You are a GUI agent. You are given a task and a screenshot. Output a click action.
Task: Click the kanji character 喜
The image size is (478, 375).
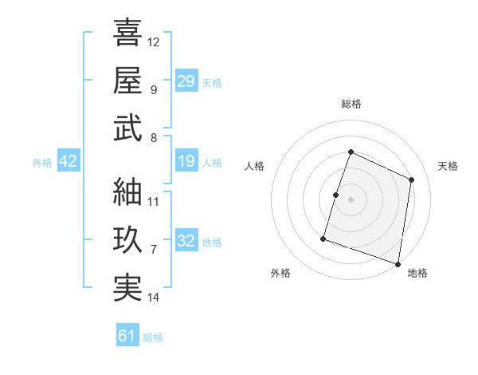tap(127, 33)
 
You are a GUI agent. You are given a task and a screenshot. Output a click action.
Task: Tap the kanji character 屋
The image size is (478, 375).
tap(127, 80)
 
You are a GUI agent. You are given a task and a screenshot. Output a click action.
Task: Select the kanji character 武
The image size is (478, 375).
tap(127, 128)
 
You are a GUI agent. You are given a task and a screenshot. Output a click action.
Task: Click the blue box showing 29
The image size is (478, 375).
tap(186, 81)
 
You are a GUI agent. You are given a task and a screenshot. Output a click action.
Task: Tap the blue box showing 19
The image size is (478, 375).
tap(186, 162)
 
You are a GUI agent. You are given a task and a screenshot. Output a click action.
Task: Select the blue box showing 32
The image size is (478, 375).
tap(186, 241)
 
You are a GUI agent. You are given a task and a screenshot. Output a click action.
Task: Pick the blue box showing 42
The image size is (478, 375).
tap(69, 162)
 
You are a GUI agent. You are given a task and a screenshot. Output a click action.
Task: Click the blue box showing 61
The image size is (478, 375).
tap(127, 336)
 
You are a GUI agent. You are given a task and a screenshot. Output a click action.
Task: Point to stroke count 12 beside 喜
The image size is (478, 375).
tap(154, 41)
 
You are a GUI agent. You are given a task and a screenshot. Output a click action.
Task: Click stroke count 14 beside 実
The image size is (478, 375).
tap(154, 298)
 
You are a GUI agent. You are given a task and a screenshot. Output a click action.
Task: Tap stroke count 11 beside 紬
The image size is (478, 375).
tap(154, 202)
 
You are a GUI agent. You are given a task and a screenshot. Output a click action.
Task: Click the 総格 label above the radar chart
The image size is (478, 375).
tap(351, 104)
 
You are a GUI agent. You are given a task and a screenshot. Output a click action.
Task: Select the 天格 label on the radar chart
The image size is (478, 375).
tap(448, 166)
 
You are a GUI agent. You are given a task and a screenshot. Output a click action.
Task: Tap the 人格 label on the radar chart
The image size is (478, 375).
tap(255, 166)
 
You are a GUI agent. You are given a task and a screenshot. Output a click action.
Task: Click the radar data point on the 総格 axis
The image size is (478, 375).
tap(351, 152)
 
